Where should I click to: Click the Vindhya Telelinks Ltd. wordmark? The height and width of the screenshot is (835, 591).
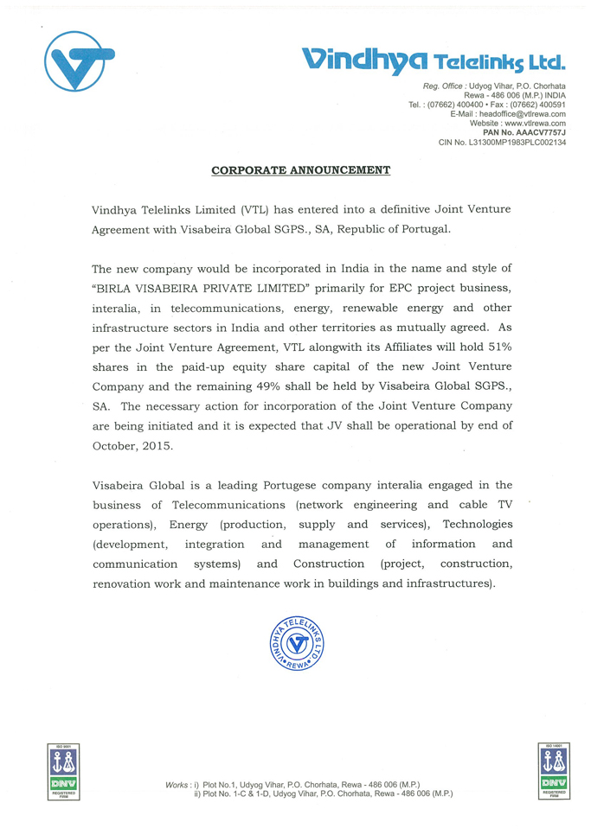pos(433,59)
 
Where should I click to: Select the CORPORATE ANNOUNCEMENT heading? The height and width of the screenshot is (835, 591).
pos(301,169)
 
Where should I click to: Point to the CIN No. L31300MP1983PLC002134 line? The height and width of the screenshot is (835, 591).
pos(503,142)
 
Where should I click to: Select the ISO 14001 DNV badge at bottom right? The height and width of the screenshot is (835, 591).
pos(551,770)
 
